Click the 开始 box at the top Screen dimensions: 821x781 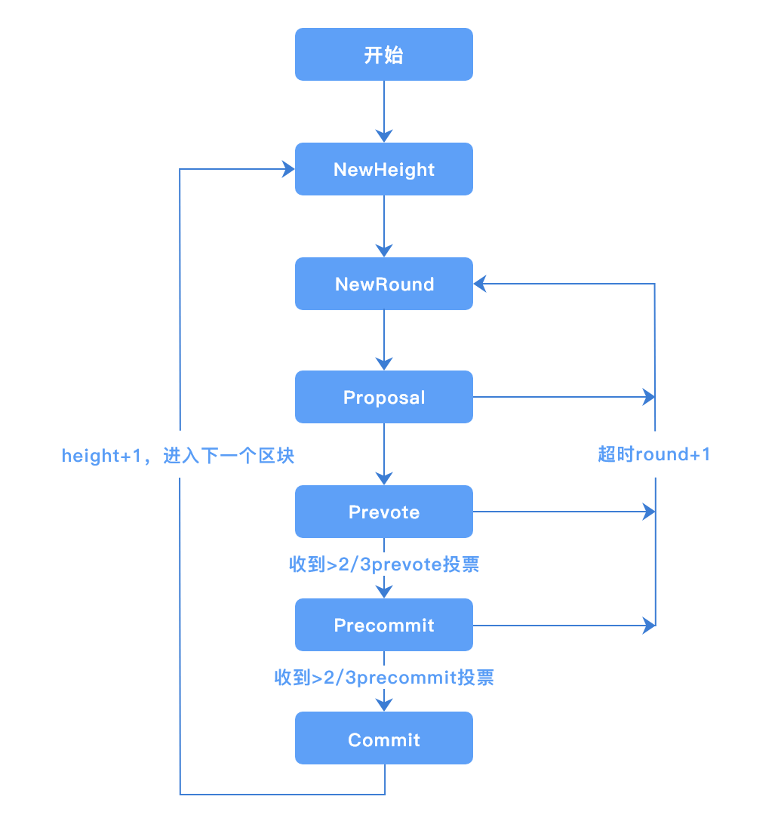click(x=383, y=54)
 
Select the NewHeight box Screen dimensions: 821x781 click(x=383, y=169)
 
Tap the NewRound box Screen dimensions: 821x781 click(x=383, y=284)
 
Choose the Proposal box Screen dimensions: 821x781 click(x=383, y=397)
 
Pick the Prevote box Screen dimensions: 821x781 click(x=383, y=512)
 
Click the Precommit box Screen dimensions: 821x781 click(x=383, y=625)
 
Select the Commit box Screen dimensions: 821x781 click(x=383, y=739)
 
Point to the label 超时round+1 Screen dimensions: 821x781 click(x=653, y=454)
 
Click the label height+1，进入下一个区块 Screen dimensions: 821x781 click(x=178, y=456)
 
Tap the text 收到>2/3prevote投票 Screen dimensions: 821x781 click(x=384, y=564)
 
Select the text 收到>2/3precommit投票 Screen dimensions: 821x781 click(x=384, y=678)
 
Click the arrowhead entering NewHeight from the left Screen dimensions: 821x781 click(x=287, y=169)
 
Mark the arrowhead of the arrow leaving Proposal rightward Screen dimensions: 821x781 click(x=648, y=396)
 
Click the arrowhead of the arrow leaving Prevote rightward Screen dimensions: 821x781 click(x=648, y=512)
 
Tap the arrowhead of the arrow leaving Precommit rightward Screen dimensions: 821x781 click(x=648, y=625)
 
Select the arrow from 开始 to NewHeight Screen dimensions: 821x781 click(x=384, y=110)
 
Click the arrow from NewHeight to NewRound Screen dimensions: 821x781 click(x=384, y=225)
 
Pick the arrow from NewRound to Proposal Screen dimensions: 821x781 click(x=384, y=339)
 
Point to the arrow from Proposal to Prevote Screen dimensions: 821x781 click(x=384, y=453)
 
